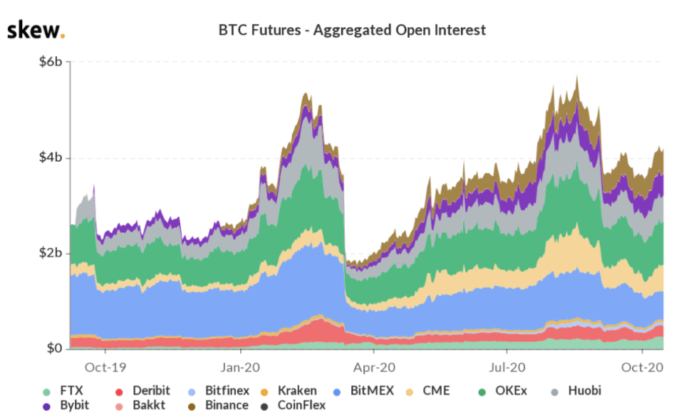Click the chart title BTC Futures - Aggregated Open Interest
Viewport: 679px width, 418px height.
pos(352,30)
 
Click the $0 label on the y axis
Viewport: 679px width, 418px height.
pos(55,349)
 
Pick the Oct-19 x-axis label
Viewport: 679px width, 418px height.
pos(105,367)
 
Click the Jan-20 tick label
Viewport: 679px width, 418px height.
pos(240,367)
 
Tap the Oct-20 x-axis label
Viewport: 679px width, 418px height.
pos(643,367)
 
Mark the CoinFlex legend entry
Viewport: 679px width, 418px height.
pos(294,405)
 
